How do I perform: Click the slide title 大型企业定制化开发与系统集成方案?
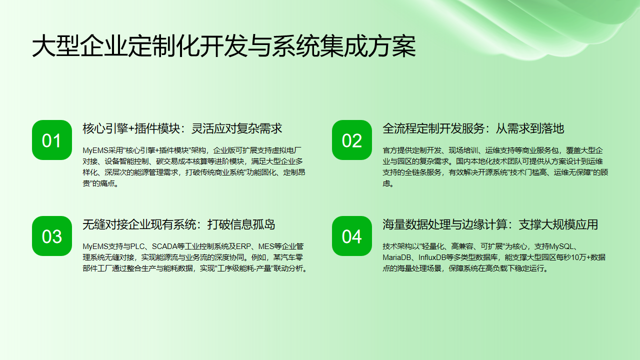tap(223, 48)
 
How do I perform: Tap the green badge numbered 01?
tap(51, 141)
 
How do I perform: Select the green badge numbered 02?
tap(351, 141)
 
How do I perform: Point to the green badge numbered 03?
tap(51, 236)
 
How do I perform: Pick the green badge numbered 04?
tap(351, 236)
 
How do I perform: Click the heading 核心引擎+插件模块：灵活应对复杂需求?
tap(182, 128)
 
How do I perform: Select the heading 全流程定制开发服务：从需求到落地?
tap(473, 128)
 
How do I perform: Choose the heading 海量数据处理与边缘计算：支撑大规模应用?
tap(490, 223)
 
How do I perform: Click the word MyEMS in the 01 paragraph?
tap(95, 148)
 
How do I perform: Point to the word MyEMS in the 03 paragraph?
tap(95, 243)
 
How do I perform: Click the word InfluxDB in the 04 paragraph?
tap(436, 256)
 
